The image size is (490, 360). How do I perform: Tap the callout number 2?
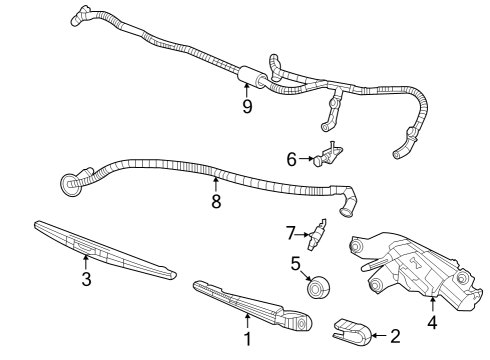pos(394,335)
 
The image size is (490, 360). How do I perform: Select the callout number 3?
pos(86,279)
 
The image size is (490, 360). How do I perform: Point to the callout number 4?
pos(432,323)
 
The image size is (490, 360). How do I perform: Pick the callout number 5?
pos(296,265)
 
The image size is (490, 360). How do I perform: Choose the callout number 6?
pos(292,158)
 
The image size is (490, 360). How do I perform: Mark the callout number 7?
pos(291,233)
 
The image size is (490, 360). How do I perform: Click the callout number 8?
pos(215,201)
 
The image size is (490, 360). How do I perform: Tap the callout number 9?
pos(246,106)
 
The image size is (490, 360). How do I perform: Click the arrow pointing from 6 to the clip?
pos(306,158)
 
